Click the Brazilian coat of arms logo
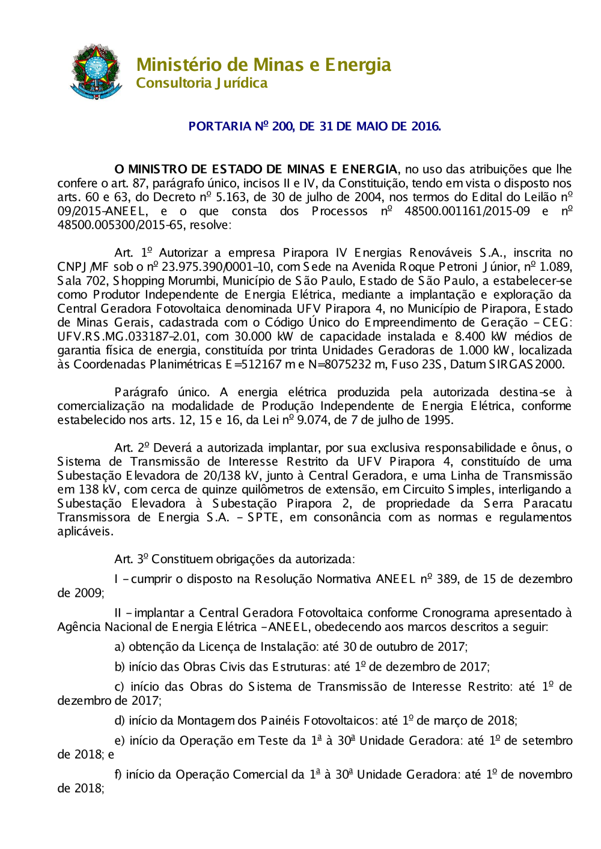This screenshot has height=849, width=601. pyautogui.click(x=96, y=71)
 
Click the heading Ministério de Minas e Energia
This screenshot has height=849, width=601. pyautogui.click(x=263, y=64)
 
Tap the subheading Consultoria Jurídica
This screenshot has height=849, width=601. pyautogui.click(x=201, y=83)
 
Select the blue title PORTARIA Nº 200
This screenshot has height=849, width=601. pyautogui.click(x=314, y=126)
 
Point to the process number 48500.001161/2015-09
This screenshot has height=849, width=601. pyautogui.click(x=467, y=211)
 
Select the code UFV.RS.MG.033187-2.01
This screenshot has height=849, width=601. pyautogui.click(x=118, y=336)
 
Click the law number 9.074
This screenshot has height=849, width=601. pyautogui.click(x=313, y=420)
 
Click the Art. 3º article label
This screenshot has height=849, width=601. pyautogui.click(x=131, y=559)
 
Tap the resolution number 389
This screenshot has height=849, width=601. pyautogui.click(x=447, y=579)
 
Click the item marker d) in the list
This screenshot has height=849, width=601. pyautogui.click(x=120, y=721)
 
